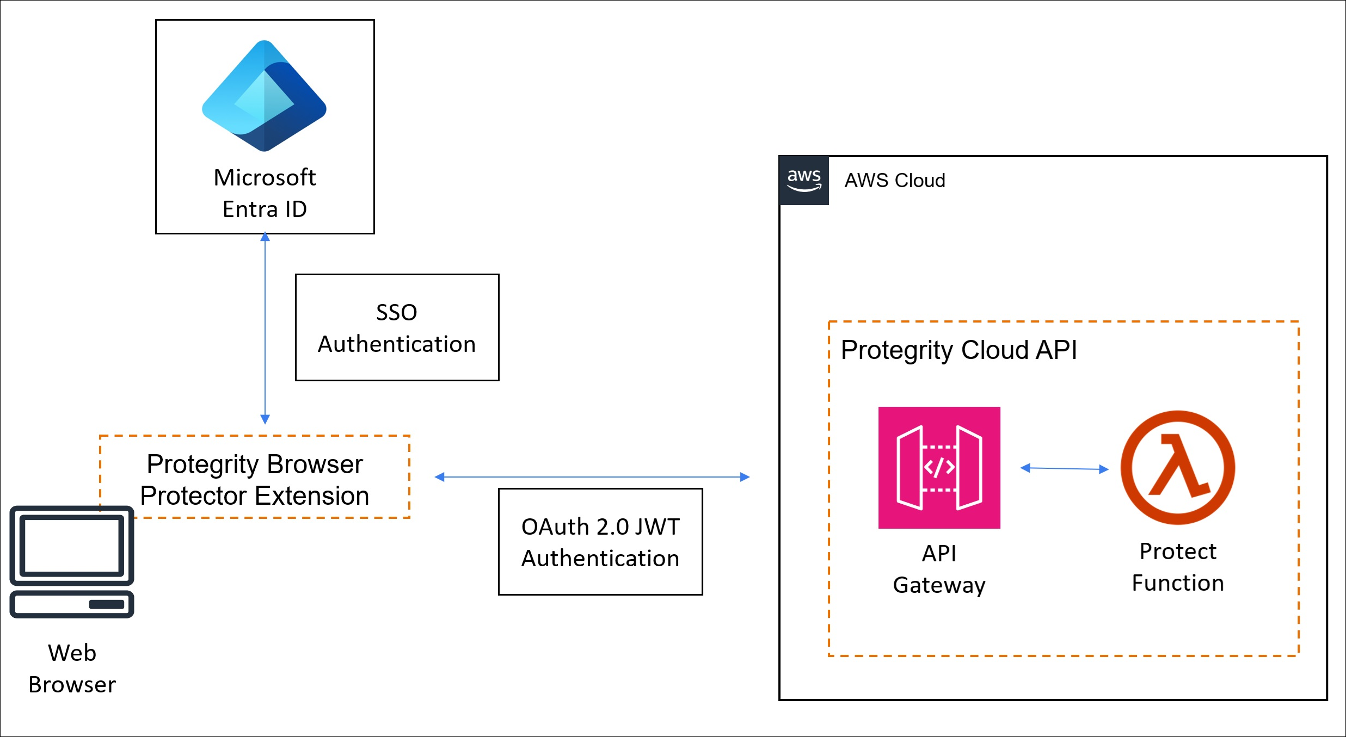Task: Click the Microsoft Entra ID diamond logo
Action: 264,96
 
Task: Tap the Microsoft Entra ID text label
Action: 265,193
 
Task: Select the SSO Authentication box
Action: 397,327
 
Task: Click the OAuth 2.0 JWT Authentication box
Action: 600,542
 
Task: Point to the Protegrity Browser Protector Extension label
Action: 254,480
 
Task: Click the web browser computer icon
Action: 72,561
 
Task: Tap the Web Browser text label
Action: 72,668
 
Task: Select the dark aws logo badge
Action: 804,180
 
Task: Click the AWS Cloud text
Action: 894,181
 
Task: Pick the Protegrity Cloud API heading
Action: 958,350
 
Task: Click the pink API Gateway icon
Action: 939,468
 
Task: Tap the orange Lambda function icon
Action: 1177,468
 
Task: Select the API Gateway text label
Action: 939,569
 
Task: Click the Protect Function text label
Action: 1177,567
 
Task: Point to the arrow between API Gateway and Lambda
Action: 1064,468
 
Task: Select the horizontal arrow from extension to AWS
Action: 592,477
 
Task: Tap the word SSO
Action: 396,313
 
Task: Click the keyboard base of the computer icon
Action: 72,604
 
